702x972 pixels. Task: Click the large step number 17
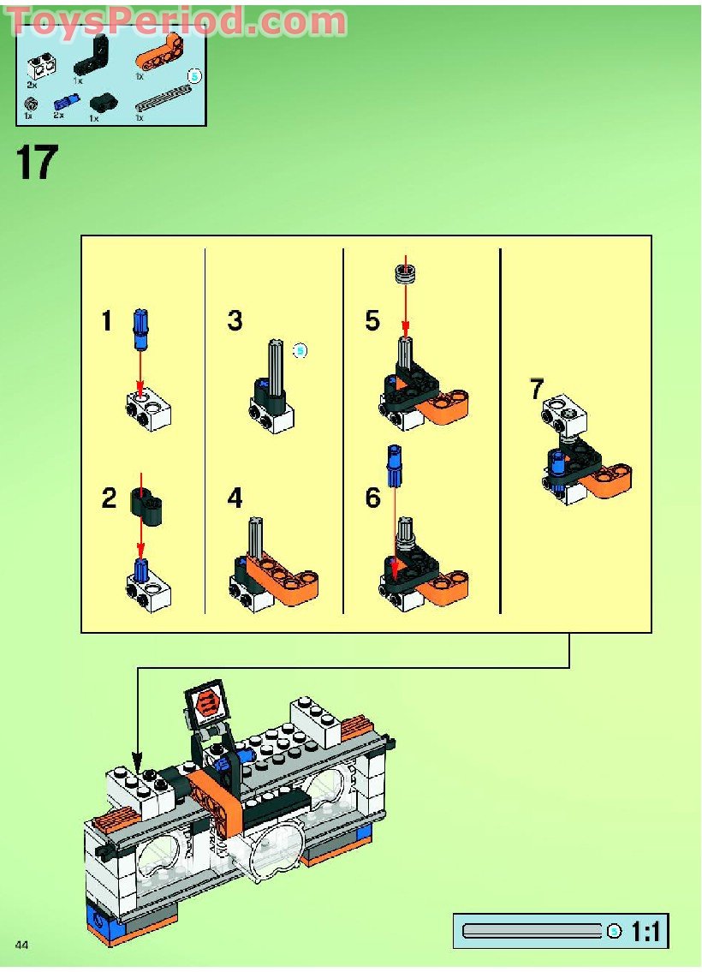click(x=36, y=163)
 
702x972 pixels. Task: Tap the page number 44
click(x=22, y=944)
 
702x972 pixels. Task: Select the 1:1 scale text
click(x=646, y=932)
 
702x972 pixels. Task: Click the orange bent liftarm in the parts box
click(x=160, y=59)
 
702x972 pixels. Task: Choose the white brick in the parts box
click(x=37, y=64)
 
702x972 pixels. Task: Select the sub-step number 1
click(x=106, y=321)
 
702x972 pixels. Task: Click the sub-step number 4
click(x=235, y=498)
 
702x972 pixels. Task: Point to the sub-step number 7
click(x=537, y=390)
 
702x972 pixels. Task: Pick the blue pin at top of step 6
click(x=395, y=466)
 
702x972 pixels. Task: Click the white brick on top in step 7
click(x=565, y=414)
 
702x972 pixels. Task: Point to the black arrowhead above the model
click(x=136, y=760)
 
